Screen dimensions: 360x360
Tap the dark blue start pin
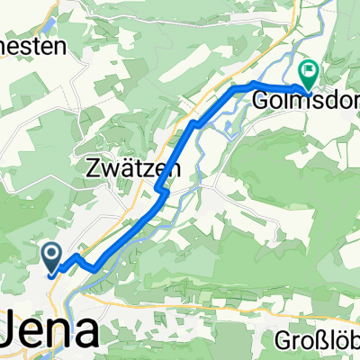point(51,257)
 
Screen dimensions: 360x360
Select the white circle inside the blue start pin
point(51,255)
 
